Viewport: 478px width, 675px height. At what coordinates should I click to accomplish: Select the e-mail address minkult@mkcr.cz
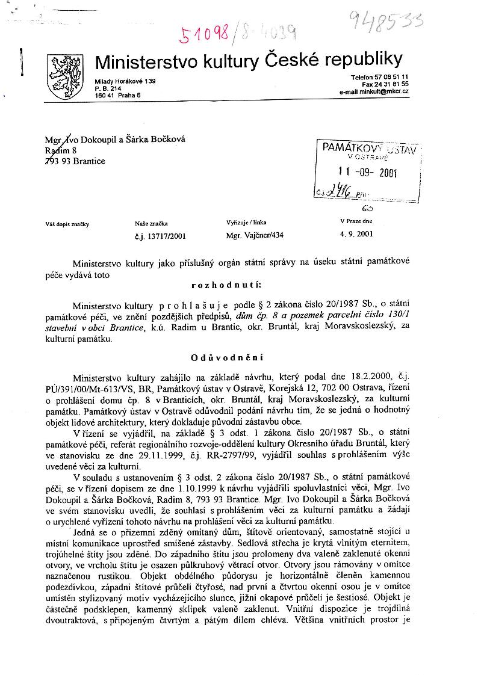pos(374,91)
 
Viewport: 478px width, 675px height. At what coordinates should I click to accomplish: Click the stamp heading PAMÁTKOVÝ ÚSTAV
pos(368,147)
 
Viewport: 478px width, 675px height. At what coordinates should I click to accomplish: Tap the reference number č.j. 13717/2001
pos(161,236)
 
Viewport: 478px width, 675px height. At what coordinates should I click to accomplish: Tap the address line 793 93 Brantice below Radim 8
pos(76,161)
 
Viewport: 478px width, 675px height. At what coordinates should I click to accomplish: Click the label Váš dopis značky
pos(67,224)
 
